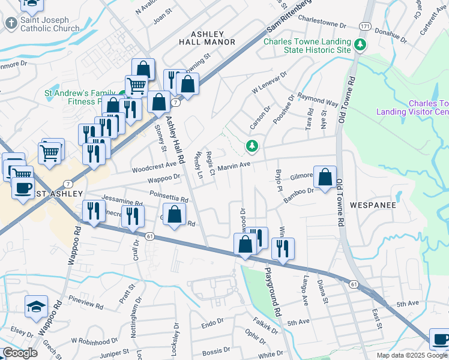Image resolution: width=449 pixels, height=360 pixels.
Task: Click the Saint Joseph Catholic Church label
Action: [x=50, y=24]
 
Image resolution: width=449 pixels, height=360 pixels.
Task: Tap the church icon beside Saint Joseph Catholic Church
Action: [x=11, y=23]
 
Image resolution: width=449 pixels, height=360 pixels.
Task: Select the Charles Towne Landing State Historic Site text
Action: [x=307, y=46]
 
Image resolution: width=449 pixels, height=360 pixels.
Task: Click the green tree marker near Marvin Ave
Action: [x=252, y=146]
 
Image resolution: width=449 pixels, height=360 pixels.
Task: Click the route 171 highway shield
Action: [x=365, y=26]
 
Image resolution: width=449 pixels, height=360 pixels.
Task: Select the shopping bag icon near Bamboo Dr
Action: [x=325, y=177]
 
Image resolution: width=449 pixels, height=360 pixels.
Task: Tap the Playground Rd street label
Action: [x=271, y=292]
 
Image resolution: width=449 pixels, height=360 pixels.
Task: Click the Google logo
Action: [x=20, y=353]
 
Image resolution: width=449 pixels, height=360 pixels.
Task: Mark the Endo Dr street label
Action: [x=212, y=324]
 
